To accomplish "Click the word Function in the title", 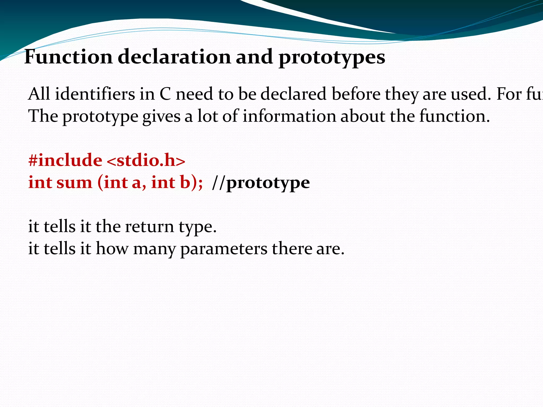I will pos(68,57).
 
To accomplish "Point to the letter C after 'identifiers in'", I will pos(165,94).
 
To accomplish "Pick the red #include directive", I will pos(65,160).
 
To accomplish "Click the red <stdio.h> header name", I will pos(146,161).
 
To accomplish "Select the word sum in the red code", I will pos(74,183).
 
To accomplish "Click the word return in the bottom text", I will pos(149,227).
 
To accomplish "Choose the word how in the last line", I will pos(112,249).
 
